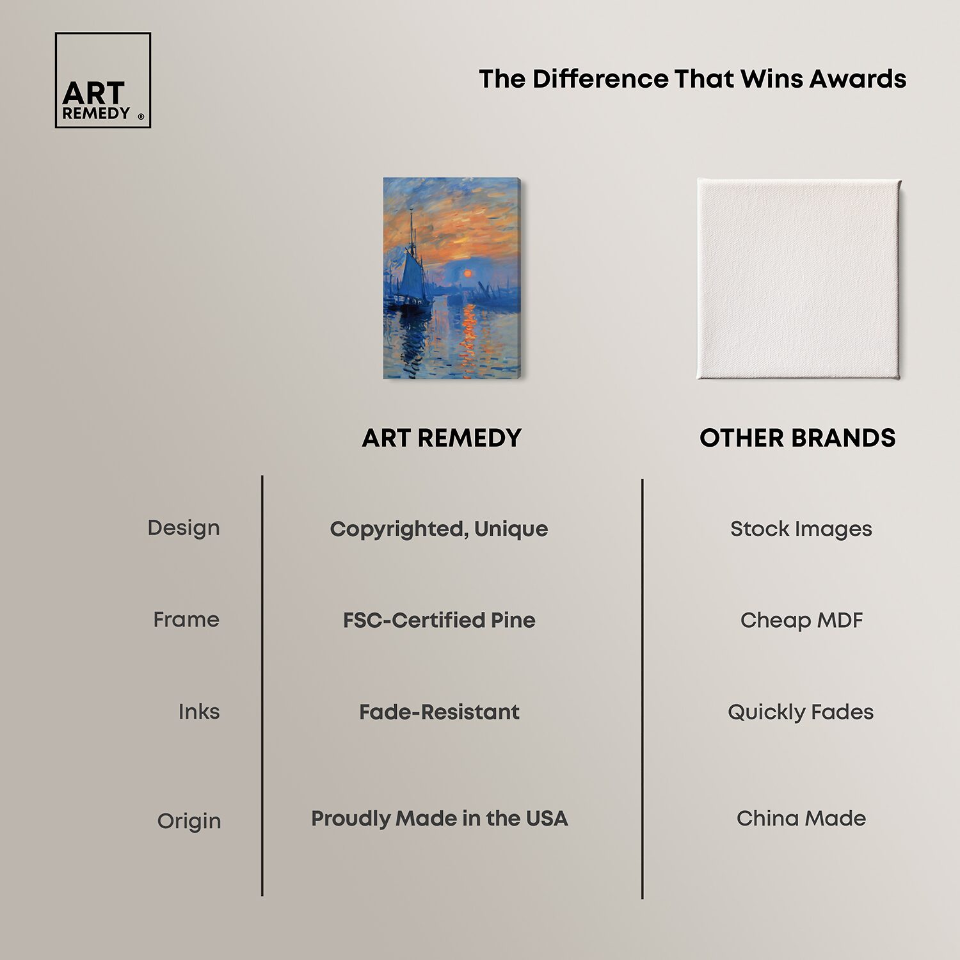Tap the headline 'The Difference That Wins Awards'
click(x=692, y=79)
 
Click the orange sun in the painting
click(x=468, y=273)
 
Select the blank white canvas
click(x=799, y=279)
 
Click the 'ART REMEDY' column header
click(x=442, y=438)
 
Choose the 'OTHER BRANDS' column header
click(x=797, y=438)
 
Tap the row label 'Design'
click(x=184, y=528)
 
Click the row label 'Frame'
click(x=186, y=620)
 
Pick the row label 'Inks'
click(x=199, y=712)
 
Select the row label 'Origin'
click(x=189, y=821)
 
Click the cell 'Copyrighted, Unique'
click(x=439, y=529)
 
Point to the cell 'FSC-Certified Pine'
click(x=439, y=620)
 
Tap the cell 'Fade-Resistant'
click(x=439, y=712)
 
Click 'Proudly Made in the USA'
click(x=439, y=819)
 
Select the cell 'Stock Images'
click(x=801, y=529)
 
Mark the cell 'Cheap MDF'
click(x=801, y=620)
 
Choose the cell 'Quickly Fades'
click(x=801, y=712)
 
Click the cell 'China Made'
click(x=801, y=819)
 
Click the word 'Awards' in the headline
click(x=858, y=79)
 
